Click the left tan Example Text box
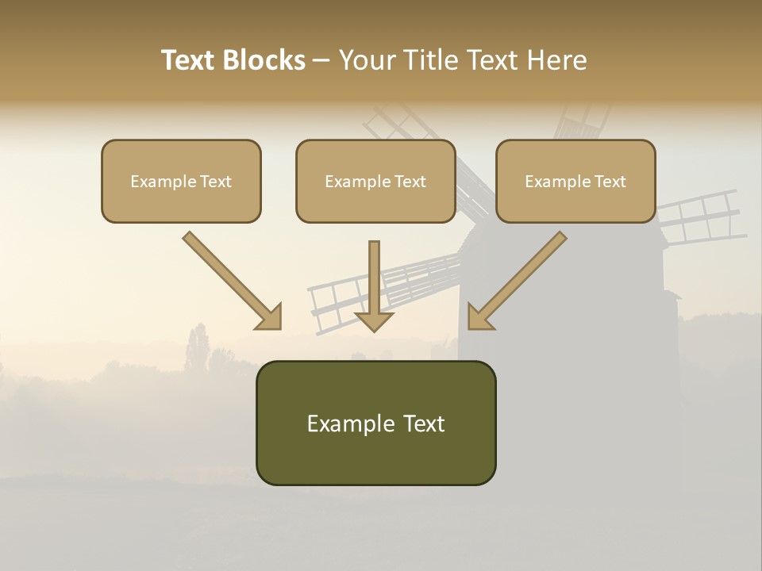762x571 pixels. pos(181,181)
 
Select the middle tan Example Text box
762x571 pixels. pos(375,181)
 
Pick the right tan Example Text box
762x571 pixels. pos(575,181)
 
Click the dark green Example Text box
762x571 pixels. pos(375,423)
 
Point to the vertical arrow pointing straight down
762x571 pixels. pos(374,285)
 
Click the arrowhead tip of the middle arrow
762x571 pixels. pos(374,328)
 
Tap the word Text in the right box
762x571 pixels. pos(610,182)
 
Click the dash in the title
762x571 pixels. pos(321,60)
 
